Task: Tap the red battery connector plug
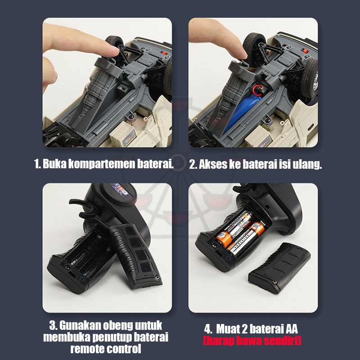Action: click(x=257, y=89)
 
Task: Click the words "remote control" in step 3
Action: click(x=106, y=349)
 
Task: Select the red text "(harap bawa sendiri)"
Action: click(x=252, y=341)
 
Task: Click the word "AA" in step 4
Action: click(x=292, y=329)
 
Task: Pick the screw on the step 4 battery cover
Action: click(x=274, y=282)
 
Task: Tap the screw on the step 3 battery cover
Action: click(x=157, y=277)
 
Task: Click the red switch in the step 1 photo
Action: click(x=164, y=53)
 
